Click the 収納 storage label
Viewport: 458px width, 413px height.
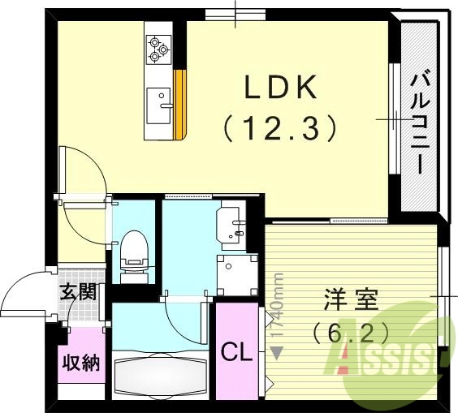(81, 361)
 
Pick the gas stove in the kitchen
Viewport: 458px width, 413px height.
(158, 49)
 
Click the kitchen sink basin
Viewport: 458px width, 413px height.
(159, 103)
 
